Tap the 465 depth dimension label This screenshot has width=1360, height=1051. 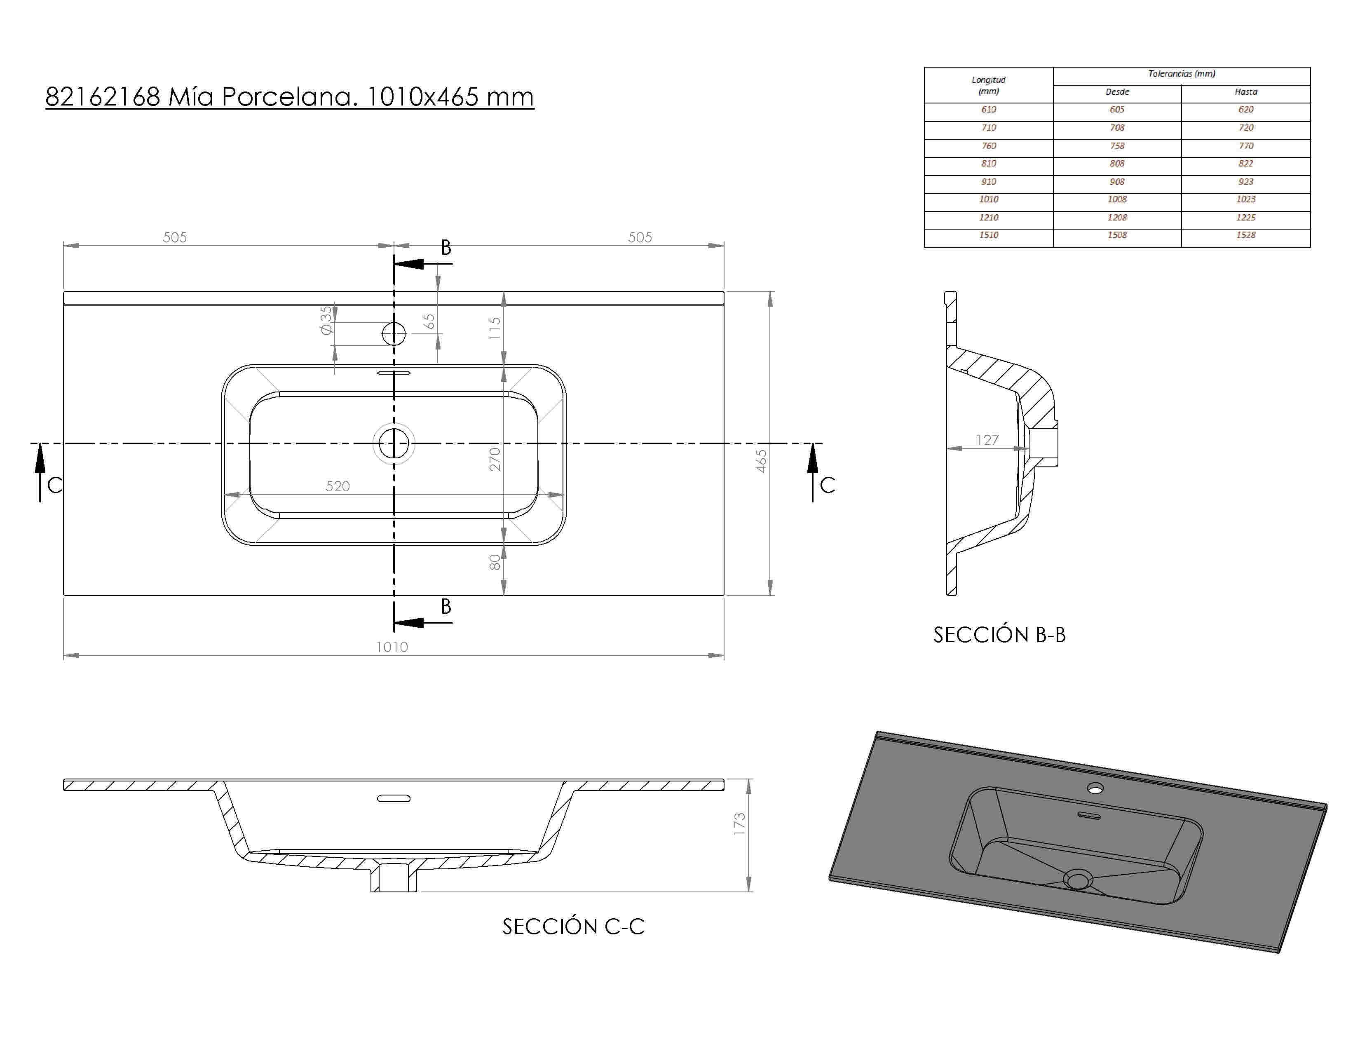click(761, 461)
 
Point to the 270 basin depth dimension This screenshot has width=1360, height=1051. click(495, 459)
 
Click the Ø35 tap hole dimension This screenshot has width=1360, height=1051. click(326, 320)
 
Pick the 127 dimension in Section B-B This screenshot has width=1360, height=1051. click(987, 440)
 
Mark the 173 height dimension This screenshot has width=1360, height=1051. click(739, 824)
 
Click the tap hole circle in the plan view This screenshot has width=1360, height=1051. click(394, 334)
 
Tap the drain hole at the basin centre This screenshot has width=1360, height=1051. click(394, 444)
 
